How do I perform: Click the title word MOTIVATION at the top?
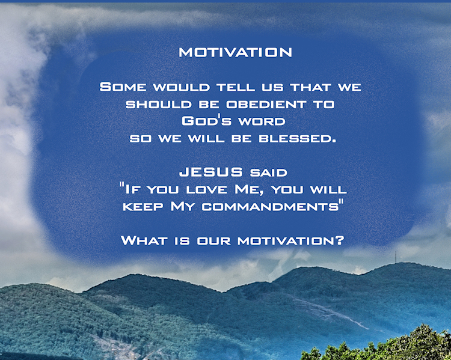pos(235,52)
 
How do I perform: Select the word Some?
pos(123,87)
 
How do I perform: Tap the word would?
pos(181,87)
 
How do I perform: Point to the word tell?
pos(236,87)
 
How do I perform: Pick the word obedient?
pos(266,105)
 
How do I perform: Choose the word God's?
pos(206,121)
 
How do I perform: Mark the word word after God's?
pos(262,121)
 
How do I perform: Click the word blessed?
pos(298,139)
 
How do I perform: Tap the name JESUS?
pos(211,172)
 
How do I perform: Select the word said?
pos(269,173)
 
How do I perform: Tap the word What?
pos(144,240)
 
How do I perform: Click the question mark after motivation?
pos(340,240)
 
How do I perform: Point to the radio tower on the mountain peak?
pos(396,257)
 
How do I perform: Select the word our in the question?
pos(213,241)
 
